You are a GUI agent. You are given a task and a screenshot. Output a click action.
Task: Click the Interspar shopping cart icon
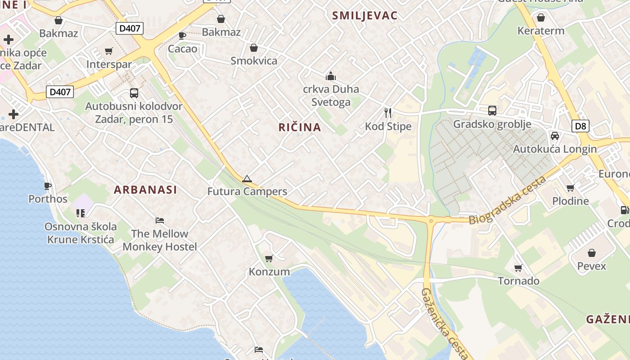108,51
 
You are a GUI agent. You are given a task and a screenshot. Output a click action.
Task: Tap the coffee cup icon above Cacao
182,35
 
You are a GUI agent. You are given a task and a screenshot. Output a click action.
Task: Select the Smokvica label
254,61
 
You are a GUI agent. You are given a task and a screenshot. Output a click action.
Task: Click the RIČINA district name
300,127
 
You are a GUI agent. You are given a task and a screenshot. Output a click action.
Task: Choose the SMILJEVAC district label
364,16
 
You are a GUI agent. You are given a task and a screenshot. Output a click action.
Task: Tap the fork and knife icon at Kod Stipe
388,112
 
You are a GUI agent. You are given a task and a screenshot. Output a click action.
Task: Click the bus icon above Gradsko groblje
492,110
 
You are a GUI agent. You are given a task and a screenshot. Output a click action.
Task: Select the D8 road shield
581,126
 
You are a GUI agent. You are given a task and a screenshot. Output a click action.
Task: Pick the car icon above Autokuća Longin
555,135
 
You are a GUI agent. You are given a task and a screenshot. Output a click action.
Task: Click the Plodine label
570,201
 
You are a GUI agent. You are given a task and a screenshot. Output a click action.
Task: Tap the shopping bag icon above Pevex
592,253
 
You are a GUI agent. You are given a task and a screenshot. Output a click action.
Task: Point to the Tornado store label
518,281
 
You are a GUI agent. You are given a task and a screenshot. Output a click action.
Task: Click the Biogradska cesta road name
507,200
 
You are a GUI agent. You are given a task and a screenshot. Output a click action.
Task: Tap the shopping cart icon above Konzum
269,258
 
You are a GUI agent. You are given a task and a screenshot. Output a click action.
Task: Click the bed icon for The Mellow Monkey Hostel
160,220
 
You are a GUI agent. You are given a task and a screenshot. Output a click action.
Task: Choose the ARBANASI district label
145,190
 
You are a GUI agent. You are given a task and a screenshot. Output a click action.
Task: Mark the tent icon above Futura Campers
247,179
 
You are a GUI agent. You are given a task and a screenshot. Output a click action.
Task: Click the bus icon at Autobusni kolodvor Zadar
134,93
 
